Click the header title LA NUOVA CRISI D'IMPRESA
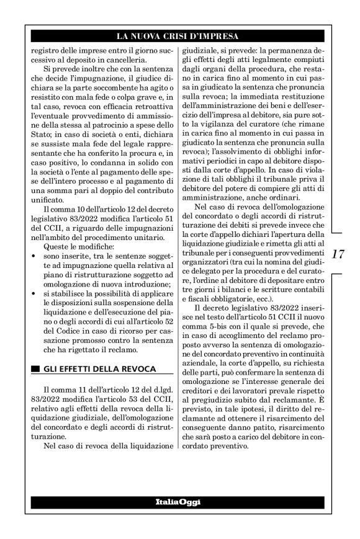pyautogui.click(x=179, y=35)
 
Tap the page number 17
pyautogui.click(x=338, y=254)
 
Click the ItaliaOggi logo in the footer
pyautogui.click(x=179, y=501)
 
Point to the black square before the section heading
pyautogui.click(x=35, y=370)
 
